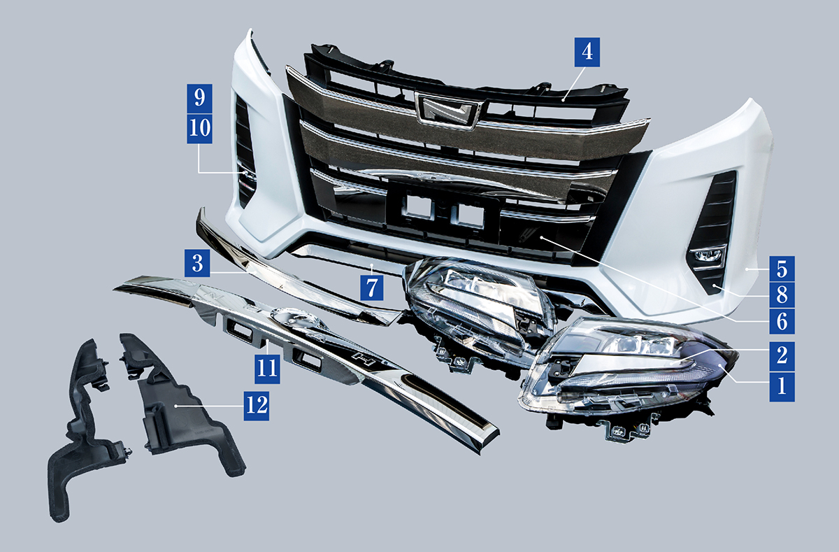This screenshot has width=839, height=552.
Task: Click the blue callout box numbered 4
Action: tap(587, 52)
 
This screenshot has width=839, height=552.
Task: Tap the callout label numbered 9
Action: tap(200, 98)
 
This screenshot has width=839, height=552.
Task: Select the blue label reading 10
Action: tap(200, 129)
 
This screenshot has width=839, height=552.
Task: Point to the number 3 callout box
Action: tap(197, 263)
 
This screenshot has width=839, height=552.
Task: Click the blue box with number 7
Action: tap(371, 287)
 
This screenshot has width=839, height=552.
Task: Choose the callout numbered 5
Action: tap(782, 269)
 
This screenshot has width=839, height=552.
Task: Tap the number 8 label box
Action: tap(782, 295)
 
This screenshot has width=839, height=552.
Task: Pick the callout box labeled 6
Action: tap(782, 321)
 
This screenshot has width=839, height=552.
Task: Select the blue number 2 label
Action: tap(782, 355)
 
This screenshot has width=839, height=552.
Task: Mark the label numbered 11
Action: tap(267, 369)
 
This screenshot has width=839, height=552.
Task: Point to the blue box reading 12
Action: tap(257, 406)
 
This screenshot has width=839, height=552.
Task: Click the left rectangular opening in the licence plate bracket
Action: tap(418, 206)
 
